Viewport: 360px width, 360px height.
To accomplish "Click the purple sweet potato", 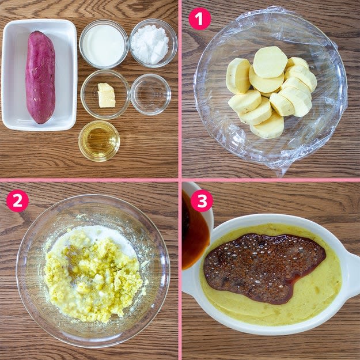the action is tap(40, 77).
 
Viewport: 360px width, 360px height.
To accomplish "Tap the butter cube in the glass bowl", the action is tap(107, 95).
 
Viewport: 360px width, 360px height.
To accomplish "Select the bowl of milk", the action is tap(104, 44).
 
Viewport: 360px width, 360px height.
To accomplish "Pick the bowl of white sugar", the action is tap(153, 43).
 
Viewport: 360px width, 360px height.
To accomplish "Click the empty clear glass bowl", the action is tap(150, 94).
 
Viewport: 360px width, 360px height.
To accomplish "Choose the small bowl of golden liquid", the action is tap(99, 141).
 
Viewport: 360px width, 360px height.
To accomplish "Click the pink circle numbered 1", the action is tap(199, 19).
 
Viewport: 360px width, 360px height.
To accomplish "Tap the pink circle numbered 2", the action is tap(17, 200).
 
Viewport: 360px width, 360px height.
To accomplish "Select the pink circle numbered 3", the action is tap(202, 200).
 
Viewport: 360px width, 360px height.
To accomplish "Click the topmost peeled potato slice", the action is tap(270, 62).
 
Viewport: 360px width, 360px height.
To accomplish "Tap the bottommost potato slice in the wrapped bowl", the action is tap(267, 127).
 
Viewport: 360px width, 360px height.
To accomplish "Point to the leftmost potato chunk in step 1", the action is tap(238, 76).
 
